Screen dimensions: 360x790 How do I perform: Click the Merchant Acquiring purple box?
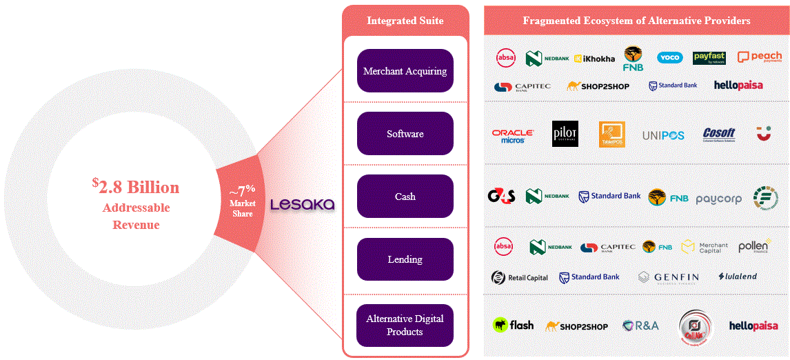(405, 71)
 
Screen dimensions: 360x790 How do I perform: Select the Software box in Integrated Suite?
(405, 134)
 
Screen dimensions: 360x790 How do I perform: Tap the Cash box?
(405, 197)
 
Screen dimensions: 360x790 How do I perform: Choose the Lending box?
(405, 259)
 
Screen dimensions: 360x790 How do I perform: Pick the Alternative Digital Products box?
(405, 325)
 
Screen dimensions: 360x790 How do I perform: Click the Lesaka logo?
(302, 205)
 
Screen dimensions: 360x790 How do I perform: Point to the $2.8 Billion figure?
(136, 187)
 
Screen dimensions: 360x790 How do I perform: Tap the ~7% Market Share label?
(242, 201)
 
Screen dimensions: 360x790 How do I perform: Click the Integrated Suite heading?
(405, 21)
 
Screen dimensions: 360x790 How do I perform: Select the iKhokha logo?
(594, 59)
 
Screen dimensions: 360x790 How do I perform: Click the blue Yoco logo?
(669, 58)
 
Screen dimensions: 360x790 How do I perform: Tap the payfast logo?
(709, 58)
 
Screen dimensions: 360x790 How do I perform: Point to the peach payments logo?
(760, 57)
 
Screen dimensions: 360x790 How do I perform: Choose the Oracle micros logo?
(512, 136)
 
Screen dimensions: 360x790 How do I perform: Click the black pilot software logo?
(565, 134)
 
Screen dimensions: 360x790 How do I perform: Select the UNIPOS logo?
(662, 136)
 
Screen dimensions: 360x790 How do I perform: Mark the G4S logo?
(501, 197)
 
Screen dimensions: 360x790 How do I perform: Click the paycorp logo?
(718, 199)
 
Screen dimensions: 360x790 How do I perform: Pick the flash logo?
(513, 325)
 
